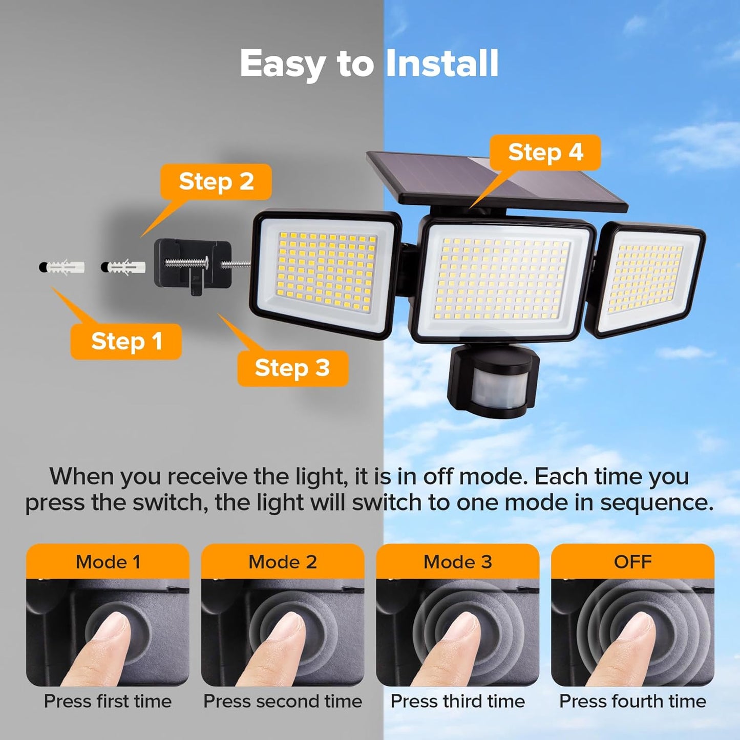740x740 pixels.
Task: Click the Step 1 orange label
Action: pos(126,342)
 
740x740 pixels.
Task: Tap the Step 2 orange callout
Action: pos(216,182)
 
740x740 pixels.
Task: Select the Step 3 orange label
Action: pos(292,368)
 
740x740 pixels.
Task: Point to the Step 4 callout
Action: pos(545,153)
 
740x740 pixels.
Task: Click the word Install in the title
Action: pos(441,64)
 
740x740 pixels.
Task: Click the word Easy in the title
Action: pos(282,64)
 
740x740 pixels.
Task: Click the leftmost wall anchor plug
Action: pos(62,267)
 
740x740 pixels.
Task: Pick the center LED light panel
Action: pos(503,279)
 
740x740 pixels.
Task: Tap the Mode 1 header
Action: pos(108,562)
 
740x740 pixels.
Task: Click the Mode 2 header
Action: pos(283,562)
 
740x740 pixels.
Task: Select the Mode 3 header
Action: pos(457,562)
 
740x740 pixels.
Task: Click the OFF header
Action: pos(632,562)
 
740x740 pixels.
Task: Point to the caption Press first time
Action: pos(108,701)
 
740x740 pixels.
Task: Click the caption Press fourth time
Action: pos(632,701)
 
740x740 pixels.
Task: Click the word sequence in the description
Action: pos(657,503)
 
